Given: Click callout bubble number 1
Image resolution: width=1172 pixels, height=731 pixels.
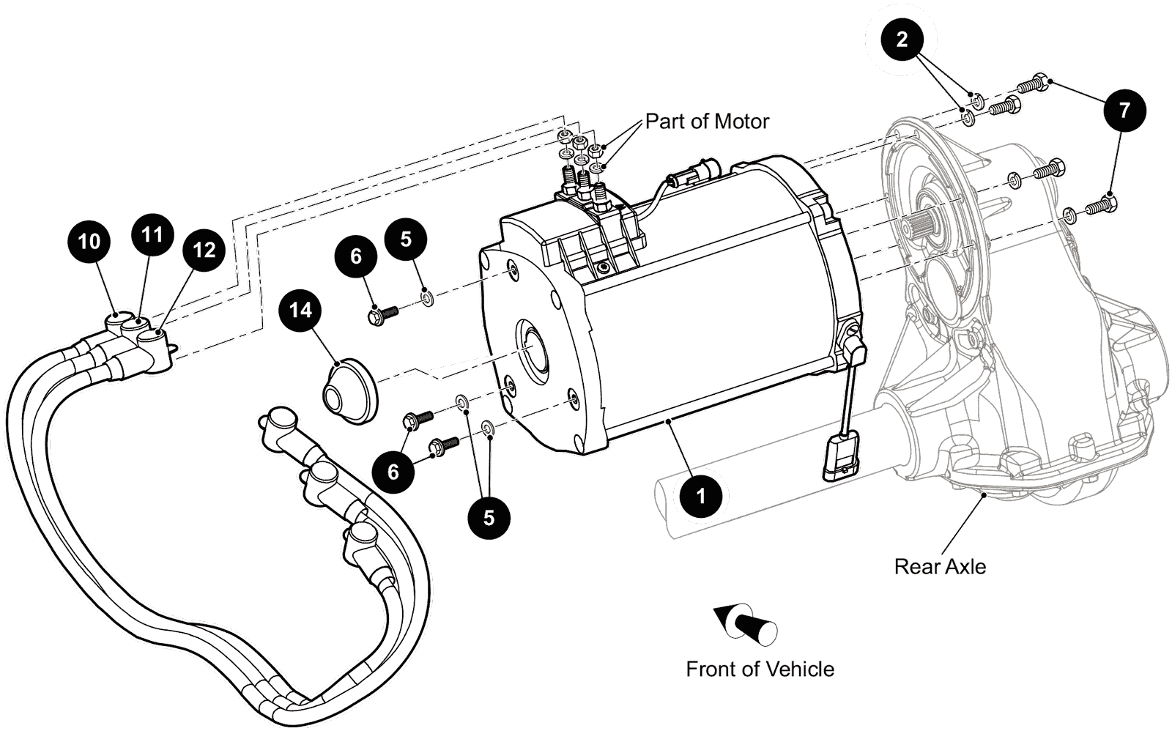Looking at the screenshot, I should click(700, 496).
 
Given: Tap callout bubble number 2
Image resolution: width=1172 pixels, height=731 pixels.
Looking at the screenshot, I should click(902, 39).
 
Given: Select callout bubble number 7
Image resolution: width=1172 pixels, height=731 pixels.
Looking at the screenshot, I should click(1124, 110).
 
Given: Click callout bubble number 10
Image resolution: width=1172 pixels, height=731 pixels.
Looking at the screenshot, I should click(89, 241).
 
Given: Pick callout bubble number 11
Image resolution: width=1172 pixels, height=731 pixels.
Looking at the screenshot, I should click(152, 234).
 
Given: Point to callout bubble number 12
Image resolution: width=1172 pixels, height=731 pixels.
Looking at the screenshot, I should click(204, 250).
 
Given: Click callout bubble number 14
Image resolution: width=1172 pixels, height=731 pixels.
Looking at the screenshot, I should click(300, 310).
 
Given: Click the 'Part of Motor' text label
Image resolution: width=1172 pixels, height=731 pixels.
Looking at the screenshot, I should click(707, 121).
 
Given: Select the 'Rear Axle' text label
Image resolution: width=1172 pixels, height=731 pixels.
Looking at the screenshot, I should click(940, 566).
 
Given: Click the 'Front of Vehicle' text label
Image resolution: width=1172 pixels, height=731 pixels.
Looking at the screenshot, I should click(760, 669).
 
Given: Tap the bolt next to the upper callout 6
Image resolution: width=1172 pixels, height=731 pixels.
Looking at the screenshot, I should click(381, 316).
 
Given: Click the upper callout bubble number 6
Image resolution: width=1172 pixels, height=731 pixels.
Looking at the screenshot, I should click(356, 256).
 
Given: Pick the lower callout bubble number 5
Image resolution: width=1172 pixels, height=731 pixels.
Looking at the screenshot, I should click(489, 517).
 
